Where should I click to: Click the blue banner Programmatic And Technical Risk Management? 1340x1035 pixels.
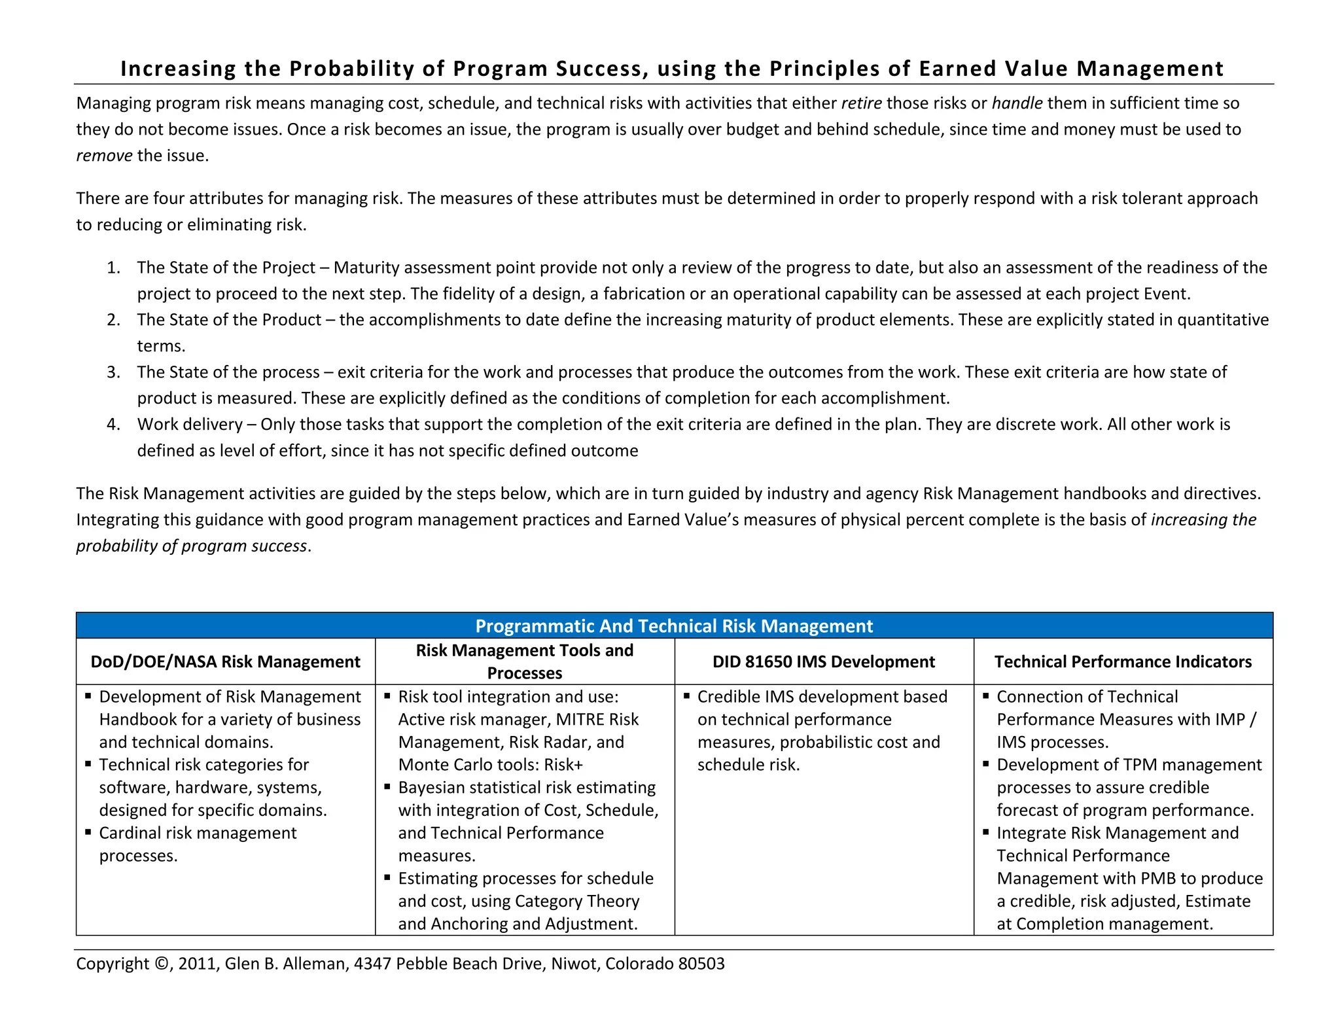pos(674,626)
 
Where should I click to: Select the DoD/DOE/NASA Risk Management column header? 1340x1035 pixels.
pos(225,661)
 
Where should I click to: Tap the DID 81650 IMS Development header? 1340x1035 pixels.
pos(823,661)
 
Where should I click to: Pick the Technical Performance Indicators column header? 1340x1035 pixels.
pos(1123,661)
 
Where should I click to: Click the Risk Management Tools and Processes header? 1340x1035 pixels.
pos(524,661)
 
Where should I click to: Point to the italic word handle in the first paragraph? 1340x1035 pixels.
pos(1017,103)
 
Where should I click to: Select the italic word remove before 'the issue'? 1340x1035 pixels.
pos(104,156)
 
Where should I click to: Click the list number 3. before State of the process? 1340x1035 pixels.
pos(114,372)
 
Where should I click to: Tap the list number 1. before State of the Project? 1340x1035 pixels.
pos(114,268)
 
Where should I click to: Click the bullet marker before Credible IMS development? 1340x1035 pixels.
pos(686,695)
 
